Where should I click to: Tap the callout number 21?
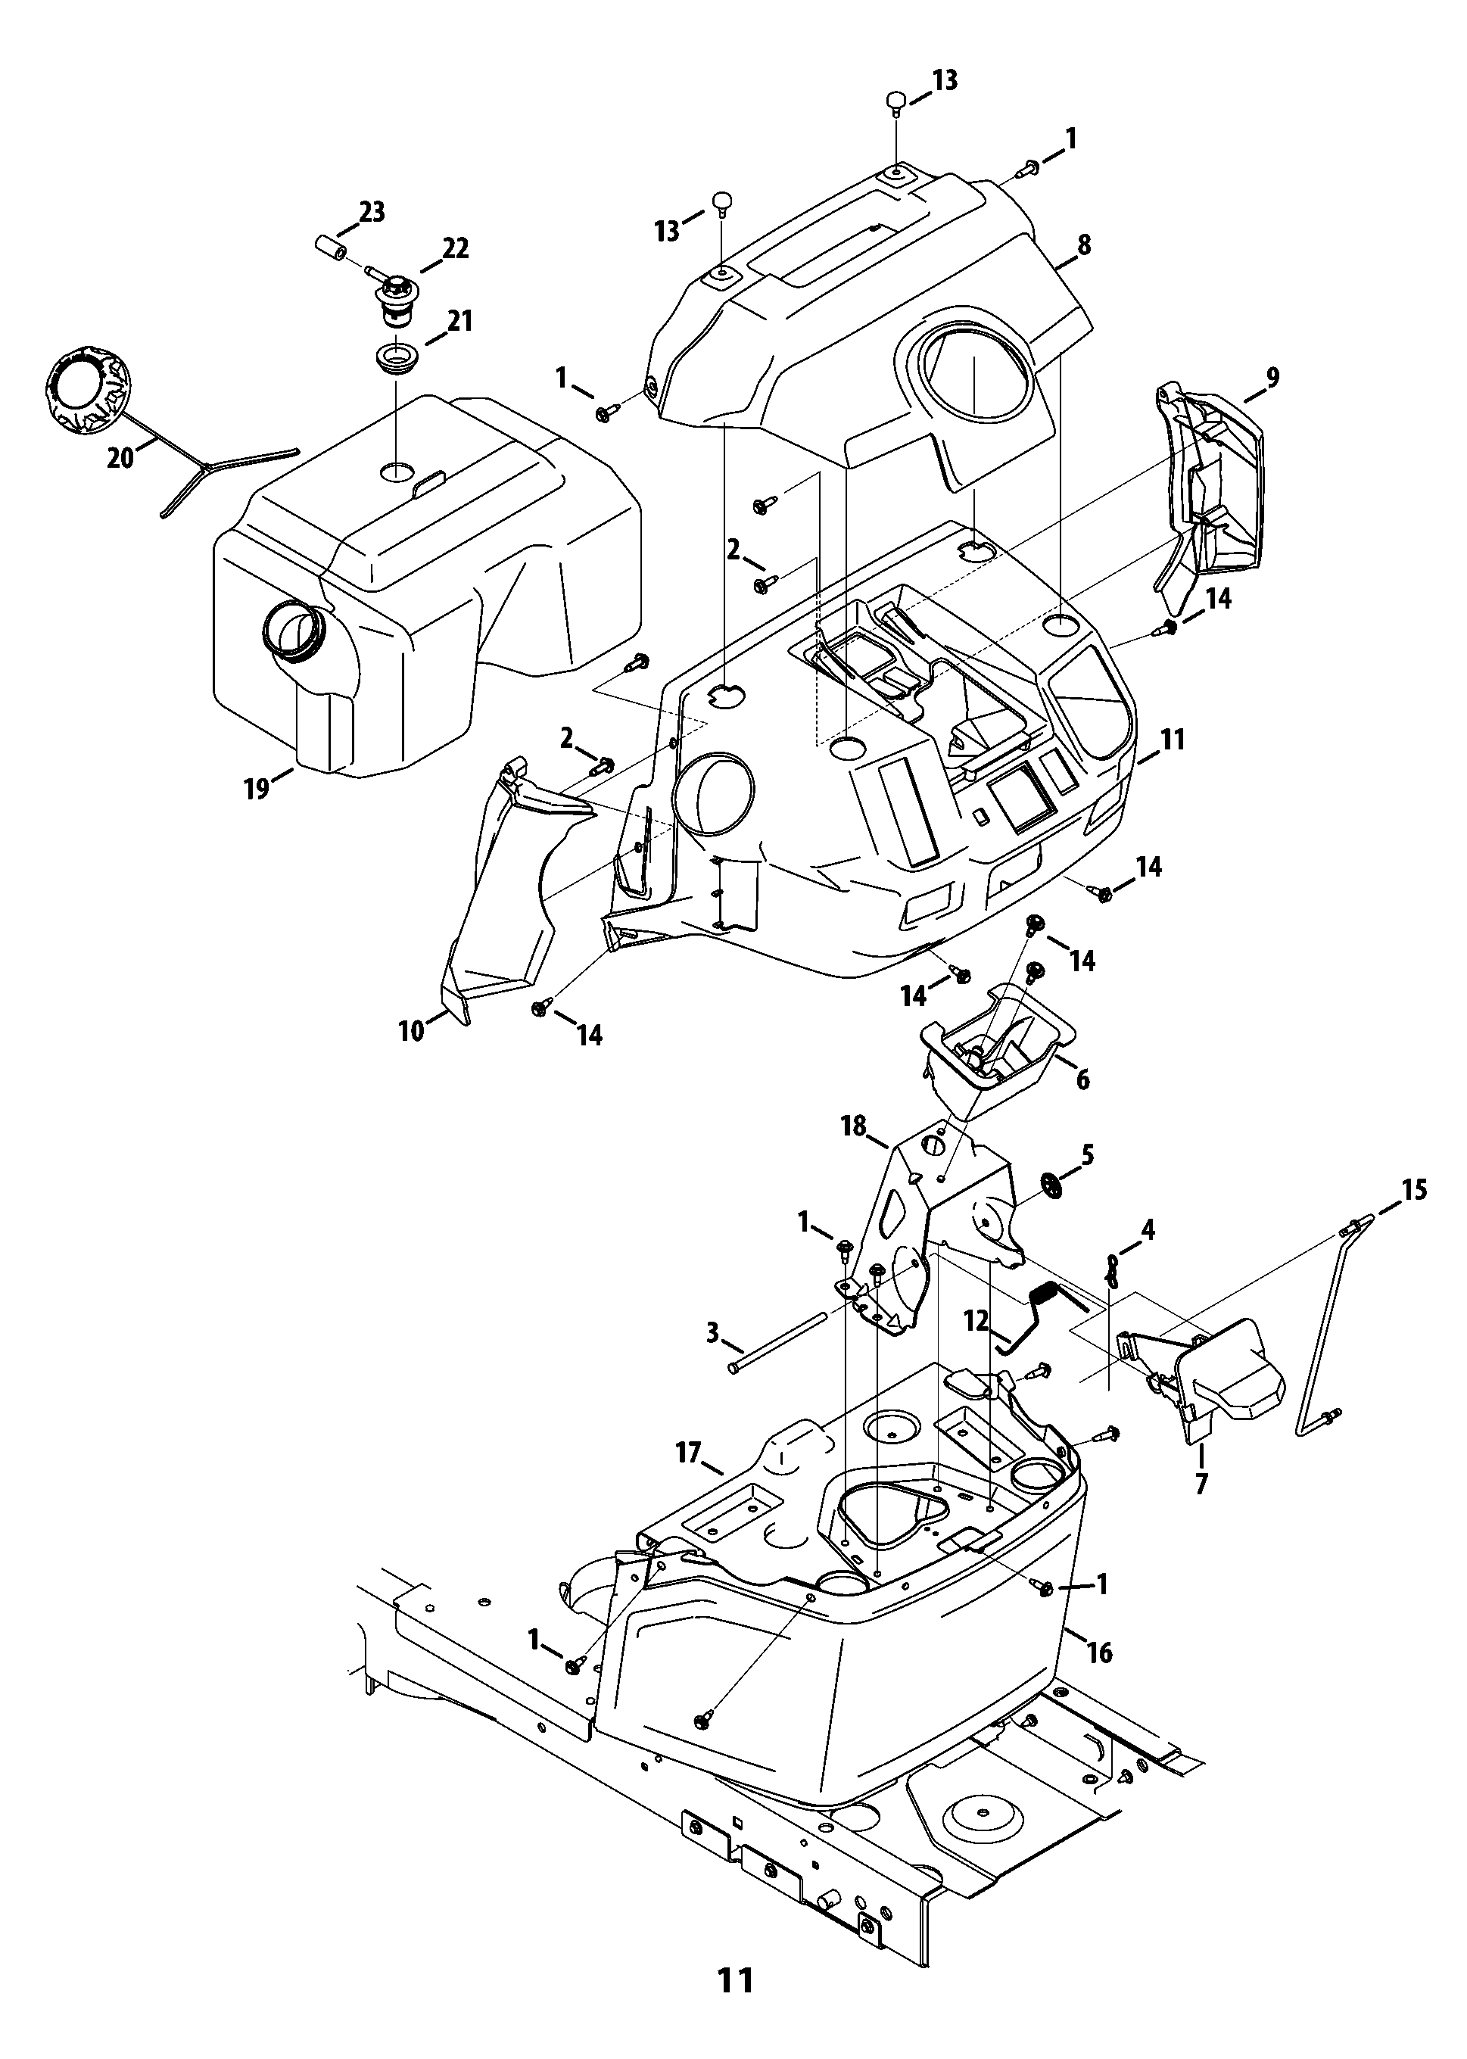[x=459, y=321]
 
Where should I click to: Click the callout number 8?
[x=1084, y=245]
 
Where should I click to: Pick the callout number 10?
[x=411, y=1030]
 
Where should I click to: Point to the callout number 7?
[x=1201, y=1484]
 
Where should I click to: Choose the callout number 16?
[x=1098, y=1652]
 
